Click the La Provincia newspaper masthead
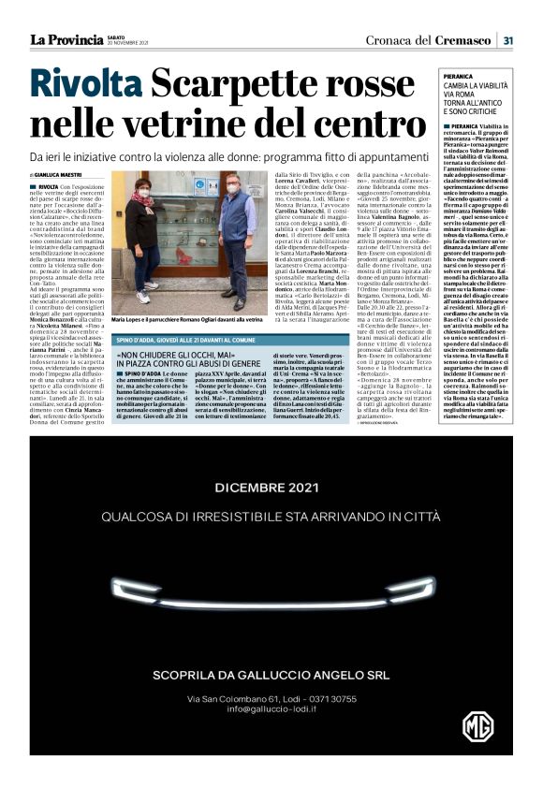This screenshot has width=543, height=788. [x=64, y=39]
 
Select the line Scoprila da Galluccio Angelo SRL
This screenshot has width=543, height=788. [x=271, y=676]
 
